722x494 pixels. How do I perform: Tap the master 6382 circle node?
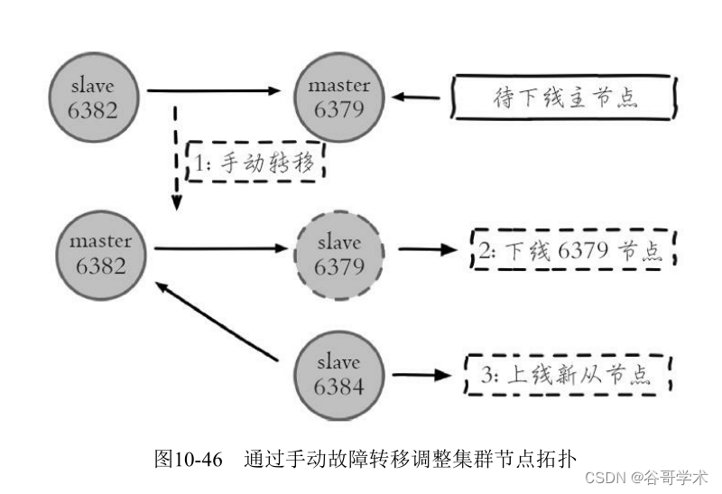click(99, 254)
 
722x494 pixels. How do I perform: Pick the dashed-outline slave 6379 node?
click(338, 255)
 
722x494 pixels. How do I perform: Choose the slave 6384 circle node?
click(338, 375)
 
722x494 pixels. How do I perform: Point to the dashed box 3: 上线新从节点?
click(569, 374)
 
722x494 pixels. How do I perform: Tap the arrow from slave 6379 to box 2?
click(429, 248)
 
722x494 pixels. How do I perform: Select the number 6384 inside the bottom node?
click(338, 387)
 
